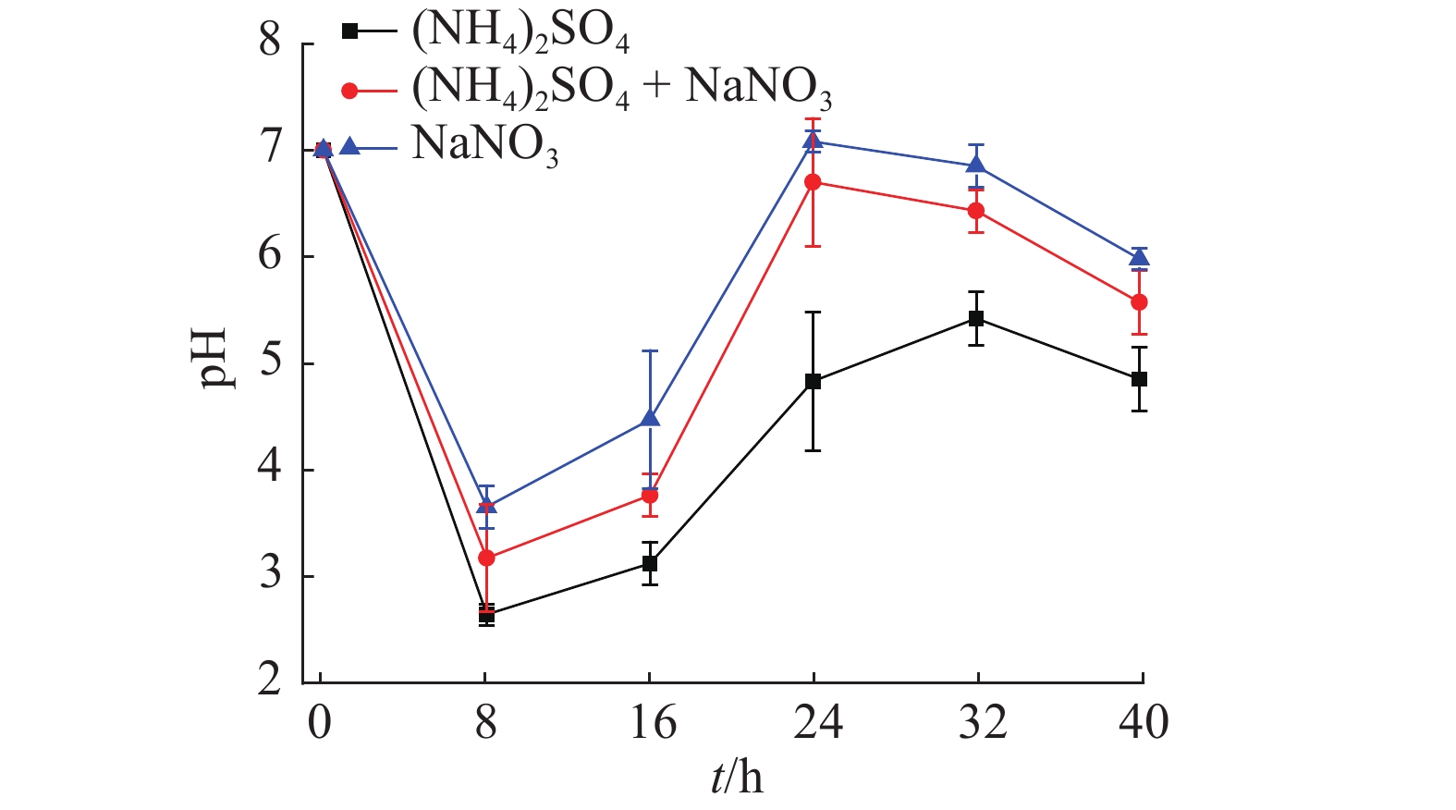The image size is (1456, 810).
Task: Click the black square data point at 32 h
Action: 976,318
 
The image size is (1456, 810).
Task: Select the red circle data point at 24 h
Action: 813,182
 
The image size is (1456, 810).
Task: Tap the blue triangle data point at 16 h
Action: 650,419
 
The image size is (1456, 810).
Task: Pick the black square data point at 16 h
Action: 650,563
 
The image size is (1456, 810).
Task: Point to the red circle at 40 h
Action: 1139,302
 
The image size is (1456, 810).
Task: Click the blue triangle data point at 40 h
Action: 1139,257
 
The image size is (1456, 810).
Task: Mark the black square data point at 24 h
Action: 813,381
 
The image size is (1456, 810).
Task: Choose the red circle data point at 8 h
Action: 486,558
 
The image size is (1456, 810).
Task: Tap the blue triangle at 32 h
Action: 976,166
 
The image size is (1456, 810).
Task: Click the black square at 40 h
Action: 1139,379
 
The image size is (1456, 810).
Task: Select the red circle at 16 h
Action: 650,496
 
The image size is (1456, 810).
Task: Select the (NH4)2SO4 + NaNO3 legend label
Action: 621,90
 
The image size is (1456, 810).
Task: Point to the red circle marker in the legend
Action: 349,90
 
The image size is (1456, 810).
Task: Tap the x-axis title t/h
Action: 737,778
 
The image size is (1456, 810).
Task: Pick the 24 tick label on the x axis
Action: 817,722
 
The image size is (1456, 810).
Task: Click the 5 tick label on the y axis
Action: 270,362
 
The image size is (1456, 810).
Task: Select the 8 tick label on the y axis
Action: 270,43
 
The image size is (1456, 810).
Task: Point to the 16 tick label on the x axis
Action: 653,722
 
